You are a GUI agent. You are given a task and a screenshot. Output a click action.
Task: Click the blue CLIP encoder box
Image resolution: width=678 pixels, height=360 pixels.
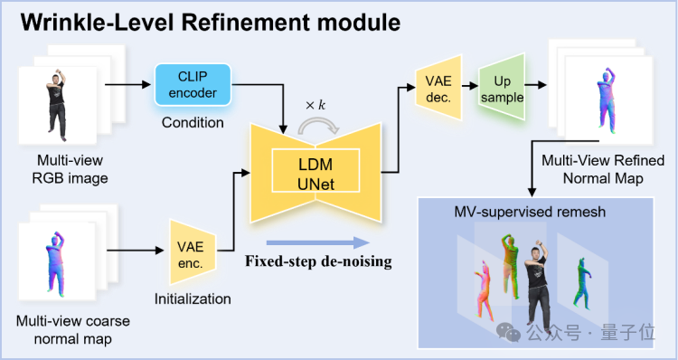pyautogui.click(x=193, y=85)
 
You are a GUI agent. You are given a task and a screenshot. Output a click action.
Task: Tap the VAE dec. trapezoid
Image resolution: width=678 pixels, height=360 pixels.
pyautogui.click(x=438, y=87)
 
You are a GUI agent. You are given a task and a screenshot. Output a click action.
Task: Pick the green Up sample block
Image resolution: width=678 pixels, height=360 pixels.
pyautogui.click(x=502, y=87)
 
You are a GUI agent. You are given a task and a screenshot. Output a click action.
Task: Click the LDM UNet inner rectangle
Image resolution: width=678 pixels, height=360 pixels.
pyautogui.click(x=315, y=170)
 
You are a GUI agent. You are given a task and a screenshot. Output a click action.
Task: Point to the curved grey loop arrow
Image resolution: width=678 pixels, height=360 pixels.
pyautogui.click(x=319, y=127)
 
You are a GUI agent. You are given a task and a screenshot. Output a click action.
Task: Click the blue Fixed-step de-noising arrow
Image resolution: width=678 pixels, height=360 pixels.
pyautogui.click(x=318, y=242)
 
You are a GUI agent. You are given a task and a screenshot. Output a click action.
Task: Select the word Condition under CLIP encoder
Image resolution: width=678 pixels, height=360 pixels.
pyautogui.click(x=193, y=122)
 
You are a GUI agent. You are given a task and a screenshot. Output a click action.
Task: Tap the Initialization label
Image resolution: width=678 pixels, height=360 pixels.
pyautogui.click(x=193, y=299)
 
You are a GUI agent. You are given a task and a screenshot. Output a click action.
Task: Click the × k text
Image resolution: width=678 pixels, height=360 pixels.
pyautogui.click(x=315, y=105)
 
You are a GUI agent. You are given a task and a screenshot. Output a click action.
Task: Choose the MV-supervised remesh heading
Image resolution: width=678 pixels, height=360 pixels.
pyautogui.click(x=530, y=212)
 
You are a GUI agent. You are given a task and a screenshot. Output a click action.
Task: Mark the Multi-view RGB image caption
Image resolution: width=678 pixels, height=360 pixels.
pyautogui.click(x=70, y=169)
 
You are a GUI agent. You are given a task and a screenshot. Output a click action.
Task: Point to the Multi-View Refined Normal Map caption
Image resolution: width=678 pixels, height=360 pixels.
pyautogui.click(x=603, y=169)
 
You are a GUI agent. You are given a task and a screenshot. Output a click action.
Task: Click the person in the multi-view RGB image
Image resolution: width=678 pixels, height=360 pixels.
pyautogui.click(x=57, y=105)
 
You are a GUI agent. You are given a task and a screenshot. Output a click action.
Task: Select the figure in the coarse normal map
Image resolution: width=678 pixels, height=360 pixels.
pyautogui.click(x=56, y=263)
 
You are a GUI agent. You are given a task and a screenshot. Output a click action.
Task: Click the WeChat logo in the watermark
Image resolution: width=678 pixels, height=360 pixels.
pyautogui.click(x=508, y=332)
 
